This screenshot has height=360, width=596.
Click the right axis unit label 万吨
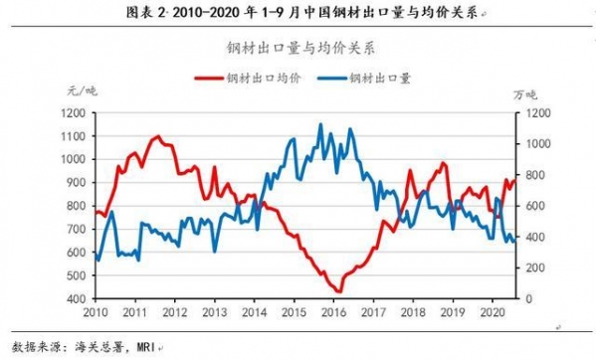point(524,93)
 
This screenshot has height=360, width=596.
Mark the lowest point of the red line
point(338,291)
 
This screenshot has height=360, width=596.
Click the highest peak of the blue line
point(319,124)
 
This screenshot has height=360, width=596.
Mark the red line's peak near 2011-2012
point(158,136)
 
